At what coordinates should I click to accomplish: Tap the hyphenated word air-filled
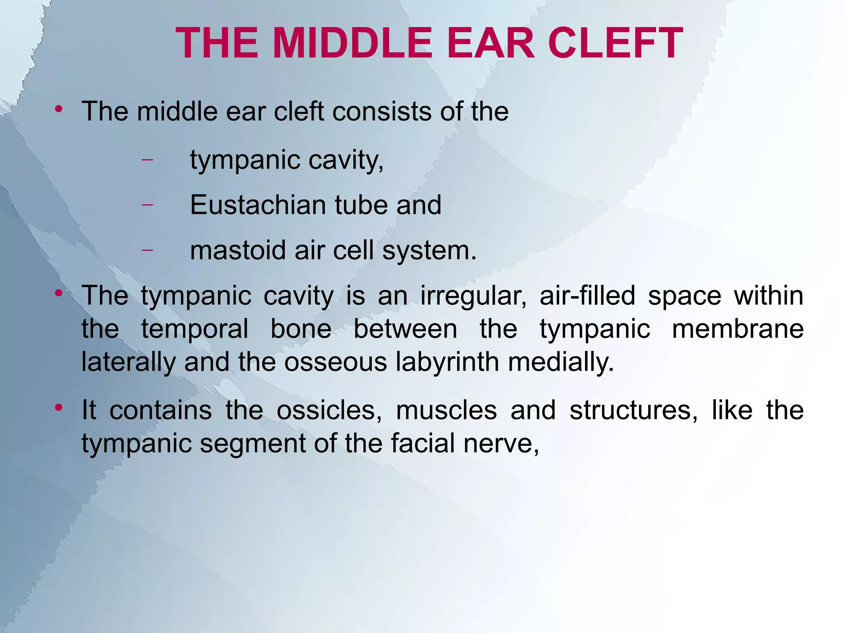[587, 296]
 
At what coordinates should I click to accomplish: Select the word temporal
[195, 329]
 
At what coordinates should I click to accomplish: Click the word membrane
[738, 329]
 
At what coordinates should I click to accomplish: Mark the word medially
[561, 362]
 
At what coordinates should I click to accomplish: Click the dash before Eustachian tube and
[147, 204]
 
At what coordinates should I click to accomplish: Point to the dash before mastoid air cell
[147, 249]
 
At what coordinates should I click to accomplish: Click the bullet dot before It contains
[59, 408]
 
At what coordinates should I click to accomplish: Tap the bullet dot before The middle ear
[59, 109]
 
